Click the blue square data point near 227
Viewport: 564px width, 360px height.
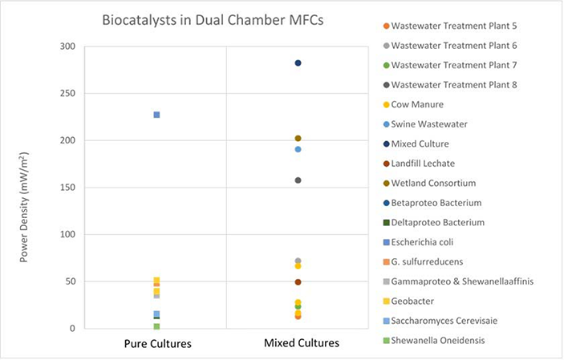click(156, 115)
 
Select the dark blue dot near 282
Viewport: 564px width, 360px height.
click(298, 63)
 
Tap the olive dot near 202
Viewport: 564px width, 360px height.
click(298, 139)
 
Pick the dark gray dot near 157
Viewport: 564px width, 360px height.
click(298, 180)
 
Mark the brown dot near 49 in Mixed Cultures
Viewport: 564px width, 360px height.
click(298, 282)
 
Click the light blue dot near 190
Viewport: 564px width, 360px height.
click(298, 149)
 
